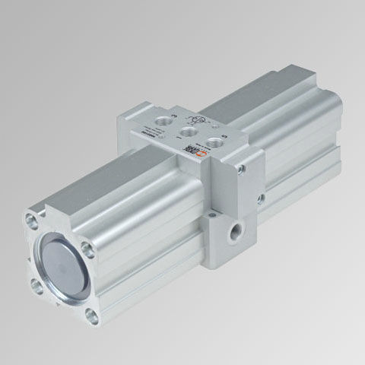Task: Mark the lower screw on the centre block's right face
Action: point(261,200)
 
